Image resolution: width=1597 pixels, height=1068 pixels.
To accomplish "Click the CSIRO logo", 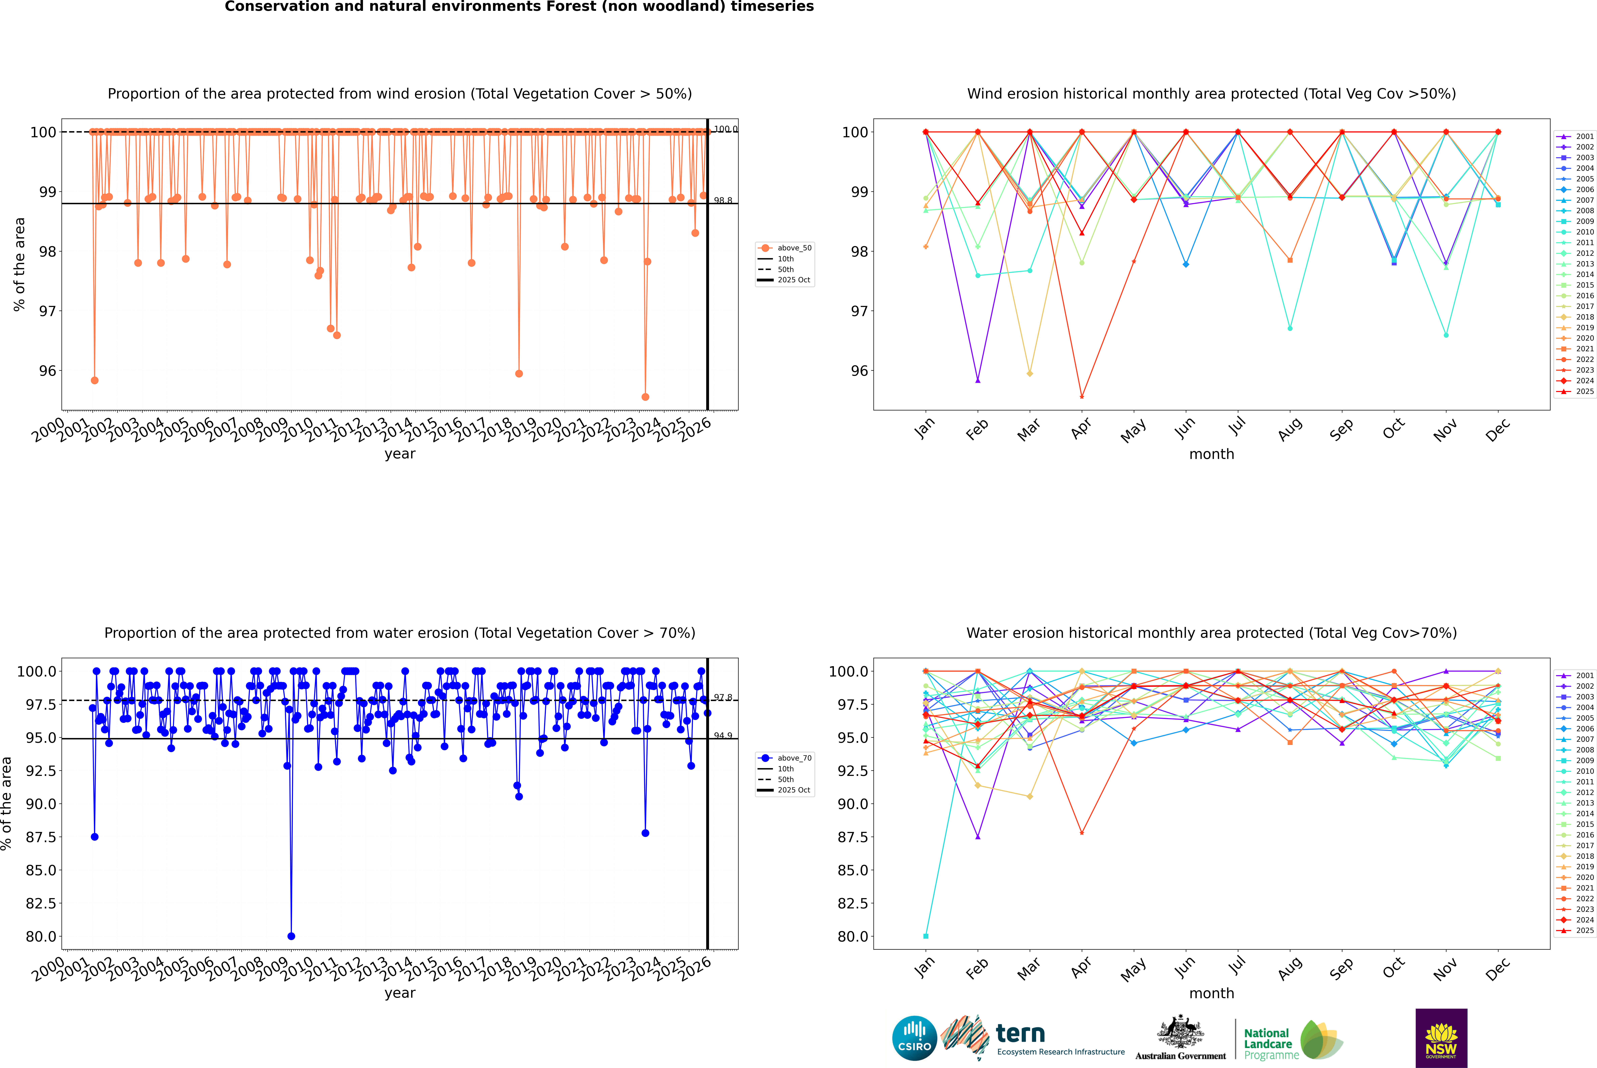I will point(914,1038).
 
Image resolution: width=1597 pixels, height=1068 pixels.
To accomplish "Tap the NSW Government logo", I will point(1441,1038).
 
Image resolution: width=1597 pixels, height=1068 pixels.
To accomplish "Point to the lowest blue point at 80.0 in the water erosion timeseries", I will point(291,936).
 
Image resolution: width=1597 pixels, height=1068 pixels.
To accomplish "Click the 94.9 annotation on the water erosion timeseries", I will point(723,736).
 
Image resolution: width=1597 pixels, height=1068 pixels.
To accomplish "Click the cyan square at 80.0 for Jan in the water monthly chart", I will point(926,936).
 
